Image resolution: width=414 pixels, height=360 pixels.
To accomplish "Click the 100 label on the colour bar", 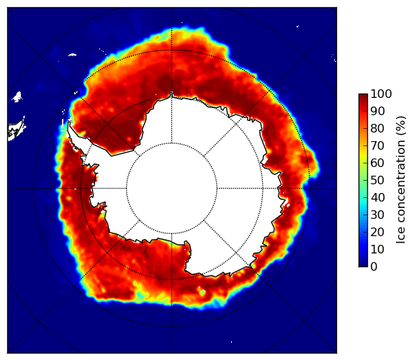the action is (381, 94).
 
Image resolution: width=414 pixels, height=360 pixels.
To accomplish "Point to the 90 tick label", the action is (377, 111).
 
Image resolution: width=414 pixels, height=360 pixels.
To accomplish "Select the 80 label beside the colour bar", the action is (377, 129).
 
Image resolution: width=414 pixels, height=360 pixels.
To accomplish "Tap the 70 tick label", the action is (377, 145).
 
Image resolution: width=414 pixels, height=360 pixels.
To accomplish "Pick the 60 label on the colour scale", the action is (377, 163).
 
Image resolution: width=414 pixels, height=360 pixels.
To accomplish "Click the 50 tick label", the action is (377, 181).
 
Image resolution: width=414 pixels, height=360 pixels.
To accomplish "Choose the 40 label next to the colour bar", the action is (377, 197).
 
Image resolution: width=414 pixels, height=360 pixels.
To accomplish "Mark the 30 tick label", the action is (377, 215).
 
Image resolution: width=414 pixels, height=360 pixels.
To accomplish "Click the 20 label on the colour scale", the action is (377, 232).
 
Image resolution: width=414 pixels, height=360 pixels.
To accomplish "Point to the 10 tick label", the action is (377, 249).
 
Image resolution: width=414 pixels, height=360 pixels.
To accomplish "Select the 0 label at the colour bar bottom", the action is (374, 267).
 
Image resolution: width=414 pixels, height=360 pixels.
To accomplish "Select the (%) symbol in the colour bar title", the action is (401, 126).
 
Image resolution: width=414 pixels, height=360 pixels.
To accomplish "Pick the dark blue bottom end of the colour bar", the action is (363, 265).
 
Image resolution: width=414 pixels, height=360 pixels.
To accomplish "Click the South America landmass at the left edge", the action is (15, 130).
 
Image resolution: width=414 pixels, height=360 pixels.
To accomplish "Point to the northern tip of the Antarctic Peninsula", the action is (69, 122).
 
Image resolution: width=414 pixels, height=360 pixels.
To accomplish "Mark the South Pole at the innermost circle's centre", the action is (171, 189).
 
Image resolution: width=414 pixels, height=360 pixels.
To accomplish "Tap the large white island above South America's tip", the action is (17, 96).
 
